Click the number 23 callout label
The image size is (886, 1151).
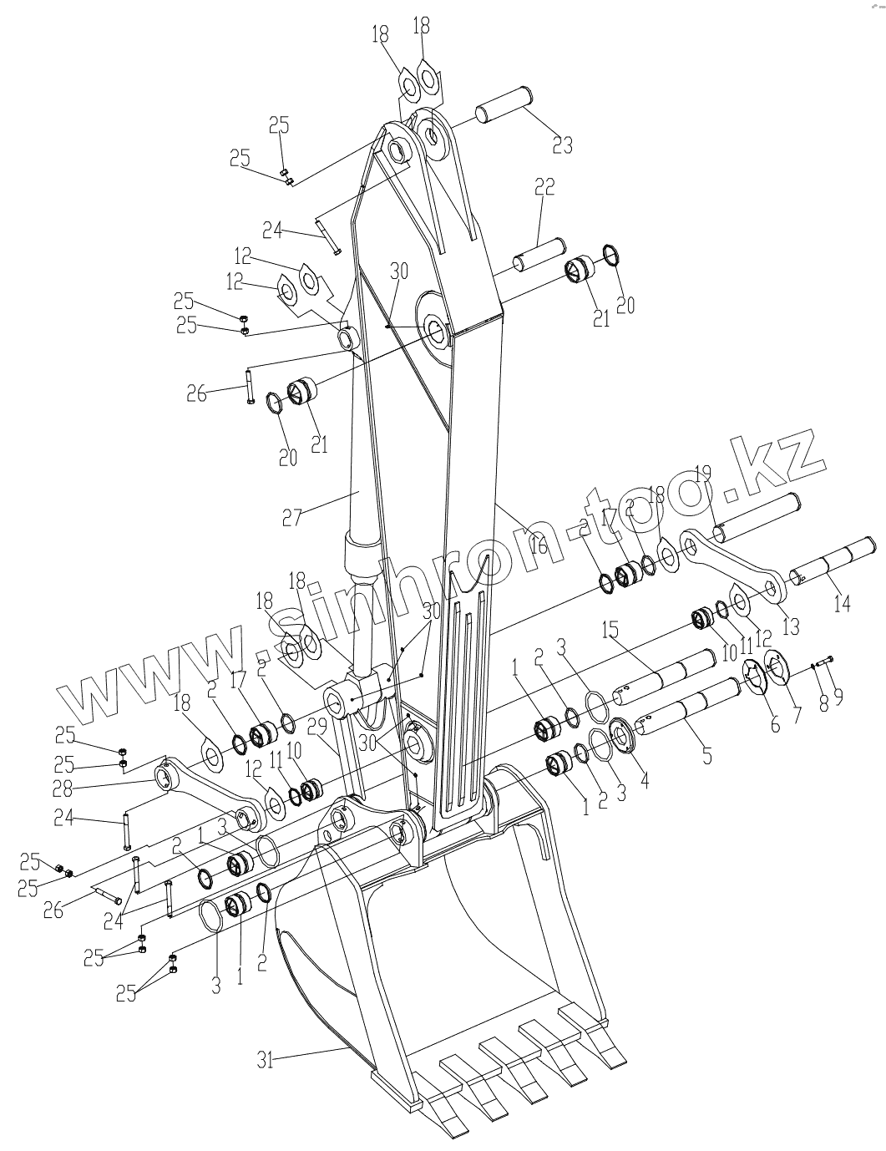(x=563, y=144)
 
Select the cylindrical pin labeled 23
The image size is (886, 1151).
(x=504, y=104)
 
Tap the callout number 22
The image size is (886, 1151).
(x=544, y=187)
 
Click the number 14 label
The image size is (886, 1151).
(x=843, y=603)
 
